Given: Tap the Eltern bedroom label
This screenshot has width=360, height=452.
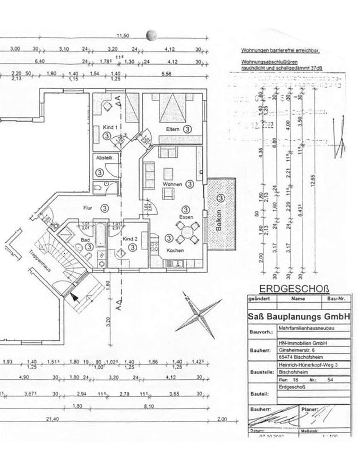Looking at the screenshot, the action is click(x=172, y=129).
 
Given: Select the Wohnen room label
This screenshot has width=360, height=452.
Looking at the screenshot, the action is click(x=172, y=184).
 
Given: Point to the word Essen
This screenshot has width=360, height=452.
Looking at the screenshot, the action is click(x=186, y=217).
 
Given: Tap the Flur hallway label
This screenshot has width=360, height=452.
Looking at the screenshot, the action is click(x=87, y=207).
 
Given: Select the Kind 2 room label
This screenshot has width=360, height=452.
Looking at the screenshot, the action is click(x=130, y=239).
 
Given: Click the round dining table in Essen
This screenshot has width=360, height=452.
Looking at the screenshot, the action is click(x=187, y=233).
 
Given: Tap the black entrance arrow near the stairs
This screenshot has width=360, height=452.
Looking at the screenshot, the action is click(x=74, y=298).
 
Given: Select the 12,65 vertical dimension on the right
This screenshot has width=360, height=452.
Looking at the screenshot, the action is click(x=313, y=182).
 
